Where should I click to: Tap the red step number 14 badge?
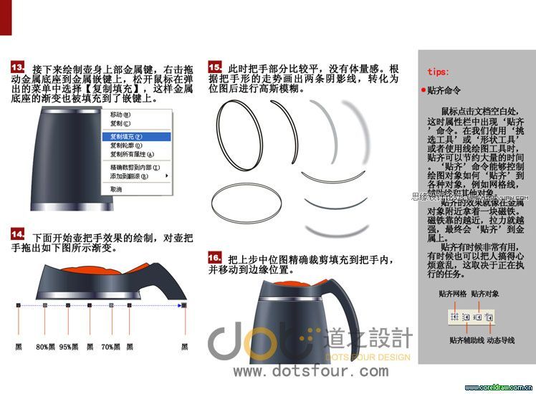[19, 234]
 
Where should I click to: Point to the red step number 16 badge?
[214, 256]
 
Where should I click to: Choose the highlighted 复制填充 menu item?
[126, 136]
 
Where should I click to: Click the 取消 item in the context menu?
[116, 189]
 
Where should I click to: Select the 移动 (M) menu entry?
[120, 114]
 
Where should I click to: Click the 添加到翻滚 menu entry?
[130, 176]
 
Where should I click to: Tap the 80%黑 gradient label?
[46, 347]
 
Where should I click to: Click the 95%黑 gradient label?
[69, 347]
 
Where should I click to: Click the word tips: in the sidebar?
[439, 72]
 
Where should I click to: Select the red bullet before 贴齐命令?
[423, 92]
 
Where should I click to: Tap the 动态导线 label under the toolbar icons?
[501, 340]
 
